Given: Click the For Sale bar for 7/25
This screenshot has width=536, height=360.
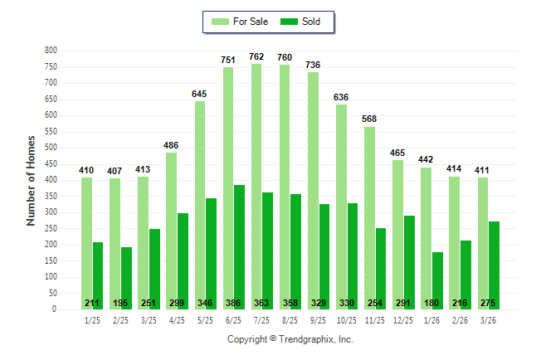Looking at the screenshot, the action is (256, 187).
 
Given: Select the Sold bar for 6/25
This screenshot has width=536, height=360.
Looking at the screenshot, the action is (239, 247).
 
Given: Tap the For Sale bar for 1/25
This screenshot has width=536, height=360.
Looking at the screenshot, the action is (86, 243).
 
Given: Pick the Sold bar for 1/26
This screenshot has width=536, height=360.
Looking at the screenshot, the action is (437, 280).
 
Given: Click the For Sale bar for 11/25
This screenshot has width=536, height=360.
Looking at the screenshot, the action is (369, 218).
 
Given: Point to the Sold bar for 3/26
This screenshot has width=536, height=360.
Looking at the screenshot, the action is (494, 265).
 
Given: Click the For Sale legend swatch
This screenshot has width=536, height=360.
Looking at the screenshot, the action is (220, 22).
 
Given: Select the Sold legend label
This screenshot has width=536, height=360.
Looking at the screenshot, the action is (311, 22).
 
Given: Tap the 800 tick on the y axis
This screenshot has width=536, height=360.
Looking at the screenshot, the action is (51, 51).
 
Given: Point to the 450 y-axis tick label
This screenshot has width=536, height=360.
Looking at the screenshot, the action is (51, 163).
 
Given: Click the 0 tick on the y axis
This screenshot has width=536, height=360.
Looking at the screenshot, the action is (54, 309).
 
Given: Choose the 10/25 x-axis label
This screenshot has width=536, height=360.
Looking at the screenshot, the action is (347, 320).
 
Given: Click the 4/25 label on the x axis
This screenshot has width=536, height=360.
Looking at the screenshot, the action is (177, 320).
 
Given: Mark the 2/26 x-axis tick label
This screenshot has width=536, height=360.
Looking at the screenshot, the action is (460, 320).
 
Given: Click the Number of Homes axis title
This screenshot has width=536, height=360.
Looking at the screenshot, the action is (31, 181).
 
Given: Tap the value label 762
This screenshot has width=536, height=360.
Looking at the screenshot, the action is (256, 56).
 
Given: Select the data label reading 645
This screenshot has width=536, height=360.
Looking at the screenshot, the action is (199, 94).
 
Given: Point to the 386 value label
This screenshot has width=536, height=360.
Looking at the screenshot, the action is (233, 303).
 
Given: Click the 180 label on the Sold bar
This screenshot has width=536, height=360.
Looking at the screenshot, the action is (431, 303).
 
